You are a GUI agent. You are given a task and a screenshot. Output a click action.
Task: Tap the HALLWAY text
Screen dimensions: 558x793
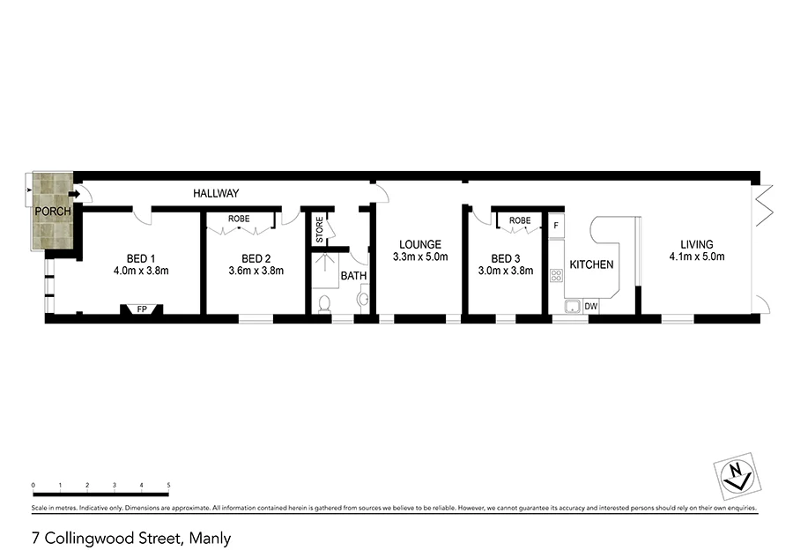pyautogui.click(x=216, y=193)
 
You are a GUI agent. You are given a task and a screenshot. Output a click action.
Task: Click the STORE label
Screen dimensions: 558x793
pyautogui.click(x=320, y=231)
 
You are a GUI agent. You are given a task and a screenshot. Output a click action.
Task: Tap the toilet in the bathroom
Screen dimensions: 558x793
pyautogui.click(x=324, y=305)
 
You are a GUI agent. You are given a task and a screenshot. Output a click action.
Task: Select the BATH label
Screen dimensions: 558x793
pyautogui.click(x=353, y=276)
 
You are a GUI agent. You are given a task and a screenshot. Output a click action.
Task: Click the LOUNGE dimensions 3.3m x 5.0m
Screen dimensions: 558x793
pyautogui.click(x=420, y=257)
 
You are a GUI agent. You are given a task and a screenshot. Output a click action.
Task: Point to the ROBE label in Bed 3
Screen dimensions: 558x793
pyautogui.click(x=519, y=219)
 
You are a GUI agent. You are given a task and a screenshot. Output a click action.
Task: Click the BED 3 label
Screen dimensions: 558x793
pyautogui.click(x=505, y=258)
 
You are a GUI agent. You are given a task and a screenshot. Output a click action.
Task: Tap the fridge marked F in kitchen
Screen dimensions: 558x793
pyautogui.click(x=555, y=227)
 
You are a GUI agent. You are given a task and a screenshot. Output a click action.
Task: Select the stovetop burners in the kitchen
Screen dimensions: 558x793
pyautogui.click(x=556, y=275)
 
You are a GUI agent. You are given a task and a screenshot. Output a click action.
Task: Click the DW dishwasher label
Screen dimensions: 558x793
pyautogui.click(x=590, y=307)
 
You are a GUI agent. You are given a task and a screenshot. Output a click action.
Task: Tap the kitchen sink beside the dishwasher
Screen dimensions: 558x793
pyautogui.click(x=571, y=306)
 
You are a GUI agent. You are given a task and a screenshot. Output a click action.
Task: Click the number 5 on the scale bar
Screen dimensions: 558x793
pyautogui.click(x=168, y=485)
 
